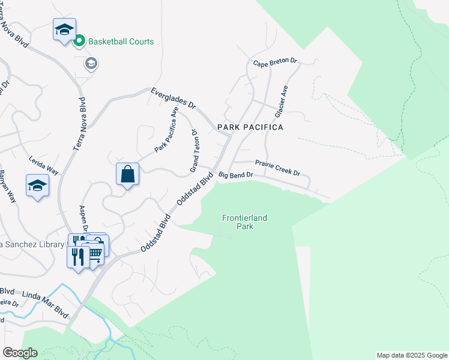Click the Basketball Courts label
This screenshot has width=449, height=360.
tap(121, 41)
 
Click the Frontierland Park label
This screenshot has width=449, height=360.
tap(244, 222)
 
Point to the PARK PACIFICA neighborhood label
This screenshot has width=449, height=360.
tap(250, 127)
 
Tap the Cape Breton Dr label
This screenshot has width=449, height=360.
tap(275, 62)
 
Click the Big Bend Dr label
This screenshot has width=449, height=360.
tap(237, 175)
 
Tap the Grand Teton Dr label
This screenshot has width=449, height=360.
tap(194, 151)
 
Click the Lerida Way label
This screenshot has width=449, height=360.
tap(44, 165)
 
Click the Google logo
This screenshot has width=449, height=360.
tap(20, 353)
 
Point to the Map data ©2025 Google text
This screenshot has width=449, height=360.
tap(411, 355)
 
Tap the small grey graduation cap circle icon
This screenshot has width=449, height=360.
tap(91, 64)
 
